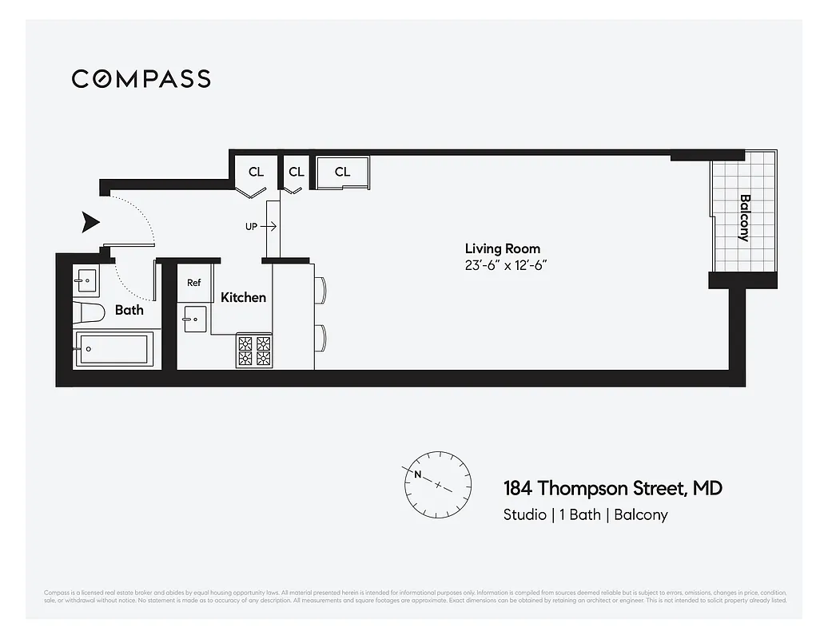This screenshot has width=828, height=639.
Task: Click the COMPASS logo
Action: pyautogui.click(x=141, y=78)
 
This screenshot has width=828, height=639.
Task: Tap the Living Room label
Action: pyautogui.click(x=502, y=248)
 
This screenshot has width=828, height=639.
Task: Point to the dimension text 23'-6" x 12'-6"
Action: pyautogui.click(x=505, y=265)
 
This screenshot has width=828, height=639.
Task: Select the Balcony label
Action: pyautogui.click(x=744, y=218)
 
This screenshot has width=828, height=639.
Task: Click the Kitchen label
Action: pyautogui.click(x=243, y=297)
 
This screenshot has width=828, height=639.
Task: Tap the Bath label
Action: pyautogui.click(x=129, y=309)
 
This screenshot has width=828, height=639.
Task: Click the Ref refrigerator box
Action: pyautogui.click(x=194, y=283)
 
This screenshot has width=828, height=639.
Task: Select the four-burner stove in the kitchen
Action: pyautogui.click(x=254, y=351)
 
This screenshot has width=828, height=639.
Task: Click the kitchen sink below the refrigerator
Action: pyautogui.click(x=194, y=319)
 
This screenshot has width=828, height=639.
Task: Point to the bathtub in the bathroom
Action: pyautogui.click(x=113, y=349)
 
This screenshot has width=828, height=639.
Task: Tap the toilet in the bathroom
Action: pyautogui.click(x=89, y=312)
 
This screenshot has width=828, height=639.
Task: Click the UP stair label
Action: pyautogui.click(x=251, y=227)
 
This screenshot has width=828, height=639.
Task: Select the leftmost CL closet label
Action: pyautogui.click(x=256, y=172)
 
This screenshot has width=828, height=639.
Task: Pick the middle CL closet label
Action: pyautogui.click(x=297, y=172)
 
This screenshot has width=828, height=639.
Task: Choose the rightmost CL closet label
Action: pyautogui.click(x=342, y=172)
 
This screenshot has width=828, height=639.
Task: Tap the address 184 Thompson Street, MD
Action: pyautogui.click(x=612, y=488)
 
